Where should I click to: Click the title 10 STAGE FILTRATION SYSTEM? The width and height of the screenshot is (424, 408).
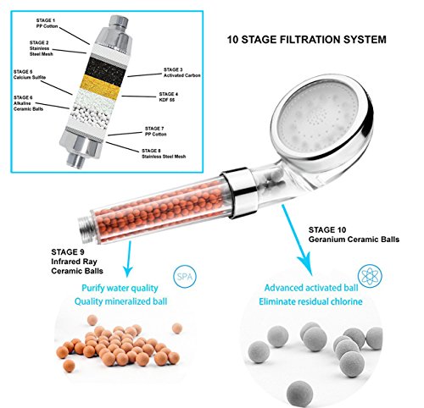307,39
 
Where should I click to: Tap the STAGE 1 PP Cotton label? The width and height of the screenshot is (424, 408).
47,24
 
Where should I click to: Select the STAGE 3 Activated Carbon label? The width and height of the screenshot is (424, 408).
182,73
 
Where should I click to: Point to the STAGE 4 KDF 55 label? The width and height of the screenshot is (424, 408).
169,96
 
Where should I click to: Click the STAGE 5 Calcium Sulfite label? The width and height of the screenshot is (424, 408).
30,74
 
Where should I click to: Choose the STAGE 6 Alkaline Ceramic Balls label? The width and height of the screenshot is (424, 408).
28,103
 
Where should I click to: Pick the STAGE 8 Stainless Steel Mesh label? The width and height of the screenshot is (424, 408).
164,153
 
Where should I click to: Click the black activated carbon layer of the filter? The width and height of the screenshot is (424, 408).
105,67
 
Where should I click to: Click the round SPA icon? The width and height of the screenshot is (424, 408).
185,276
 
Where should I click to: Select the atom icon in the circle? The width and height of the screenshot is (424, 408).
370,276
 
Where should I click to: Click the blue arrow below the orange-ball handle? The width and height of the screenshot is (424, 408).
129,259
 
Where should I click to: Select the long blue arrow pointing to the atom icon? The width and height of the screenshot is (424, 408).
298,240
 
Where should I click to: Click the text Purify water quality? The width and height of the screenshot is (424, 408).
120,288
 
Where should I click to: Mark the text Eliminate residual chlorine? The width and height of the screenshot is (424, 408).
310,301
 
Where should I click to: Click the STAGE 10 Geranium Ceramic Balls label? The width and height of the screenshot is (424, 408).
354,234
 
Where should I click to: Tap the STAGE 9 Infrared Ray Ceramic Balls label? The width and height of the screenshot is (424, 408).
77,262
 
